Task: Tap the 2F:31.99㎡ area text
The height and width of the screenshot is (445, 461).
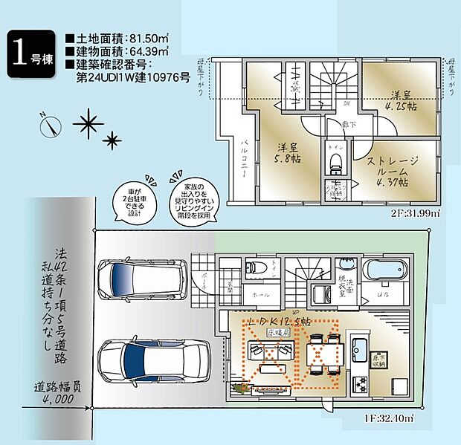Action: pos(412,213)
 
